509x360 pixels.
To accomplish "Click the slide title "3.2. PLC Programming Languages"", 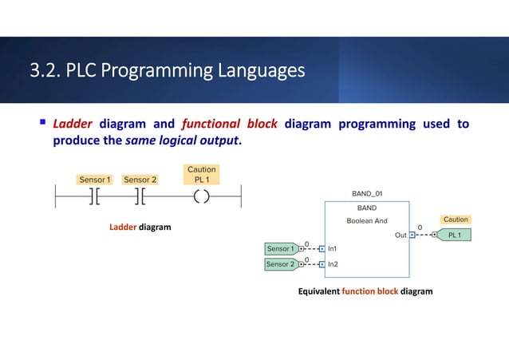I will tap(167, 72).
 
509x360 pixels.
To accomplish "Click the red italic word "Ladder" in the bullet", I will tap(73, 124).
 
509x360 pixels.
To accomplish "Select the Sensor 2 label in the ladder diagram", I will tap(140, 180).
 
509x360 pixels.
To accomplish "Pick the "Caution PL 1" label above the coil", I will tap(201, 175).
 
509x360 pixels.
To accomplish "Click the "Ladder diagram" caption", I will tap(140, 227).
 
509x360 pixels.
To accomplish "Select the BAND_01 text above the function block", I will tap(367, 194).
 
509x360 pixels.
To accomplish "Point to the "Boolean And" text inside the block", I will tap(367, 220).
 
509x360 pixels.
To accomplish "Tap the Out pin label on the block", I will tap(400, 235).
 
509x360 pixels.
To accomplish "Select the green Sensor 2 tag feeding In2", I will tap(280, 263).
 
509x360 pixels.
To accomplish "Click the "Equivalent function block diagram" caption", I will tap(365, 291).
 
